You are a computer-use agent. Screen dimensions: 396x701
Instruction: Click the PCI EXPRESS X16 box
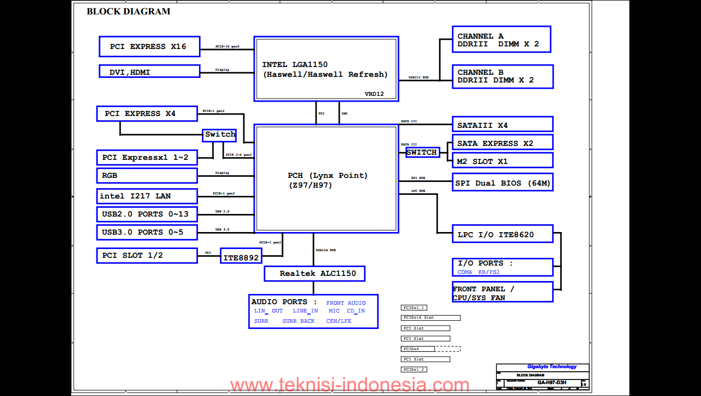point(149,46)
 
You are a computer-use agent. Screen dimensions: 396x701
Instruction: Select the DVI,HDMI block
point(149,72)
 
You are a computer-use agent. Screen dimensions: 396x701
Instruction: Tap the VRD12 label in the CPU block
point(374,94)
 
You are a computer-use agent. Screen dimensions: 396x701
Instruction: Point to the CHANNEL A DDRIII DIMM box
point(501,40)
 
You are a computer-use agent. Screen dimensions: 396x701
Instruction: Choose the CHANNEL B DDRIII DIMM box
point(502,76)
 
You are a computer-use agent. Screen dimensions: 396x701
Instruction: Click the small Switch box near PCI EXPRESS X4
point(220,135)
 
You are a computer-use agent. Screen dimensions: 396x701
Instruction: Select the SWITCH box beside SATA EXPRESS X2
point(422,152)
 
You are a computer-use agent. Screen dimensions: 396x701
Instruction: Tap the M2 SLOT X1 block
point(502,161)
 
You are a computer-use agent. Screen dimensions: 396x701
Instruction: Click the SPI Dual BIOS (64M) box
point(502,183)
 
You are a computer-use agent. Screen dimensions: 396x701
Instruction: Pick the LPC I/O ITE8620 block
point(502,235)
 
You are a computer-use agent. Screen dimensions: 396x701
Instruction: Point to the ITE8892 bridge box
point(241,256)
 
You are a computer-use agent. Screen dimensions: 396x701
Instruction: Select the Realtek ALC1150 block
point(314,273)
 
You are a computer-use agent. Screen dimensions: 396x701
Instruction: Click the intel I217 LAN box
point(147,196)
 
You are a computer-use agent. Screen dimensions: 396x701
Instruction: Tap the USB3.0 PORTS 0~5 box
point(147,232)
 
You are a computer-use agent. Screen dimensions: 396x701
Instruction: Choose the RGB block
point(147,175)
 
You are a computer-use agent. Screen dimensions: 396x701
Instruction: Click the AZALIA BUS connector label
point(326,250)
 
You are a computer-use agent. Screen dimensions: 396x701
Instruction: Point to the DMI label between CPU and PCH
point(344,113)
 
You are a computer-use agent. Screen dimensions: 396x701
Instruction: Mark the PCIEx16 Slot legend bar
point(430,318)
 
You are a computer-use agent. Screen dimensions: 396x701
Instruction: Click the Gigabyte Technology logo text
point(552,367)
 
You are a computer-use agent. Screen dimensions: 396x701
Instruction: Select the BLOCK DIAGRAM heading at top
point(128,11)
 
